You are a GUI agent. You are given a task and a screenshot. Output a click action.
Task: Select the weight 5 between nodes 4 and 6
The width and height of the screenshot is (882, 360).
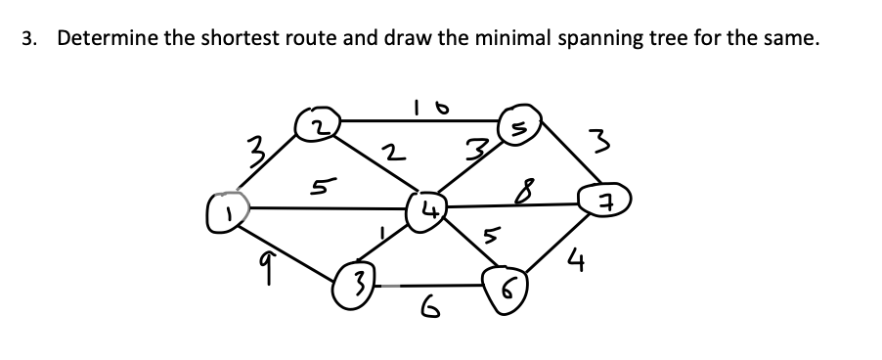coord(493,236)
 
